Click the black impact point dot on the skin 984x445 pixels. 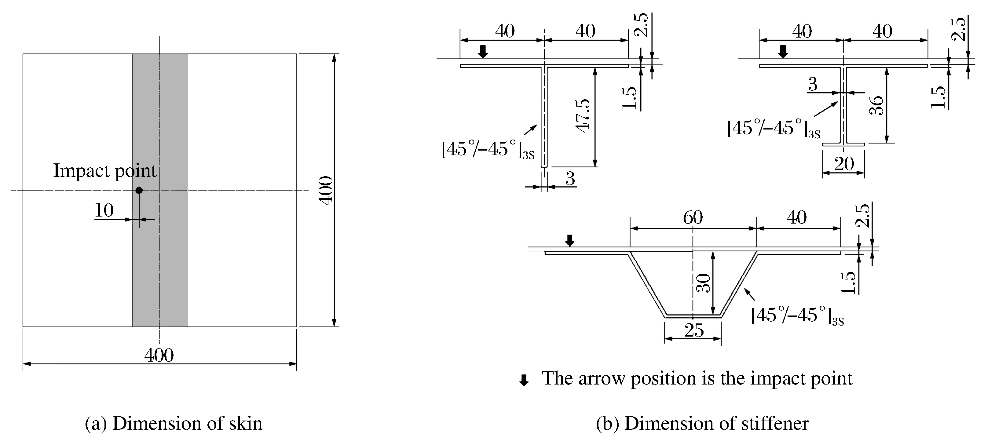139,190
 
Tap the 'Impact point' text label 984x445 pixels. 105,170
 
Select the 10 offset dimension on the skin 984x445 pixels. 104,210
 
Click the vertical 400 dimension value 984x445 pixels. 326,191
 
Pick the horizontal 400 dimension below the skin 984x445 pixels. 159,356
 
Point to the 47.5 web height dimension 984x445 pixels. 583,116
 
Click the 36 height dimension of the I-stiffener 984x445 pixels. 876,105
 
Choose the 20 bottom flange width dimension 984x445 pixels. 844,164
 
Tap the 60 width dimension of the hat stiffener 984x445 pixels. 693,217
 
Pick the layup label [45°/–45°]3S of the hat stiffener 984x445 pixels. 797,316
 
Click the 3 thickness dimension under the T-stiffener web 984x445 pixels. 570,178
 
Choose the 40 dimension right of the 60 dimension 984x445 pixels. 797,217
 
